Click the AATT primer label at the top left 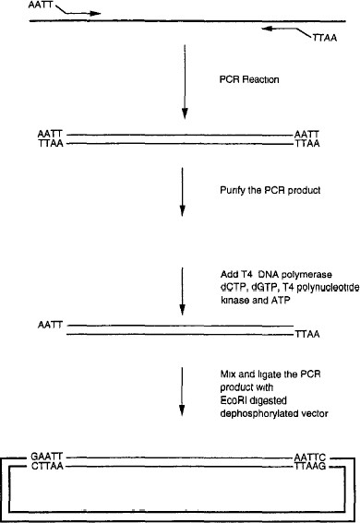16,6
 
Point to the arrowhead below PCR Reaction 186,114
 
